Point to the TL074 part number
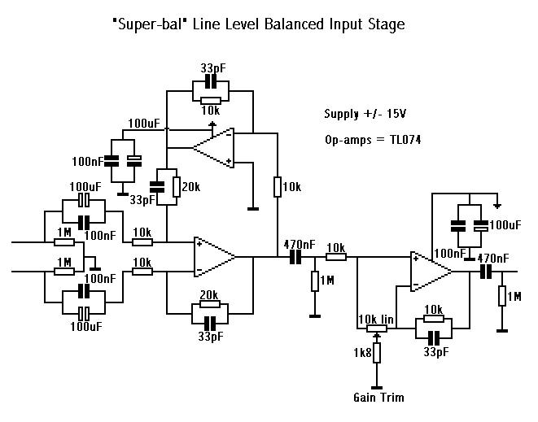[402, 140]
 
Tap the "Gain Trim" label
[378, 398]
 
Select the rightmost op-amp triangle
[431, 272]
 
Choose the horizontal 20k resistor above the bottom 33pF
[209, 306]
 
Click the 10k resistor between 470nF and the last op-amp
[336, 257]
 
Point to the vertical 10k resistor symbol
[278, 187]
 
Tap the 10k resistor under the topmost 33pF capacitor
[209, 99]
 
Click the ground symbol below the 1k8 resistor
[376, 386]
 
